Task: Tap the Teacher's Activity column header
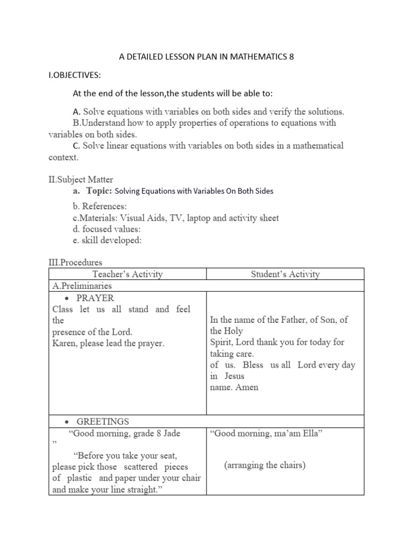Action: (x=127, y=274)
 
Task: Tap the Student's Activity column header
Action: (x=285, y=274)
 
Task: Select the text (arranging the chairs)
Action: (x=265, y=465)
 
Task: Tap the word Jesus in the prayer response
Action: (x=234, y=376)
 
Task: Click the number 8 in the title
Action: (x=291, y=56)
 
